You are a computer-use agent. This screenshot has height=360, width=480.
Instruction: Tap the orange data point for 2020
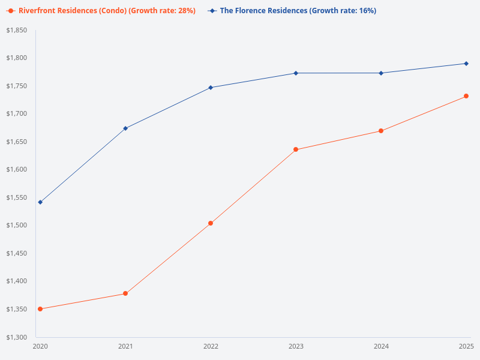(x=40, y=309)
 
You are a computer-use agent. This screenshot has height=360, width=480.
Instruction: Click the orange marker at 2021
(x=125, y=293)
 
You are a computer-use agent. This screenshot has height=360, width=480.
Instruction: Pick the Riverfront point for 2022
(x=211, y=223)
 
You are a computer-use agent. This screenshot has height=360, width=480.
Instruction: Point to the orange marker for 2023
(x=296, y=149)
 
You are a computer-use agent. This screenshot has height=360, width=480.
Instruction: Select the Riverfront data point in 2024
(x=381, y=131)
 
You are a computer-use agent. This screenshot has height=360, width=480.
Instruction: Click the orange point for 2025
(x=466, y=96)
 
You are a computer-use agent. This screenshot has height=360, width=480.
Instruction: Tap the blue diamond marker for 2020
(x=40, y=202)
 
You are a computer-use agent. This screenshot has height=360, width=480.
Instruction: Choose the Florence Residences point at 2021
(x=125, y=128)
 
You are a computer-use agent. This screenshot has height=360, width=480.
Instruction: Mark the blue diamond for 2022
(x=211, y=88)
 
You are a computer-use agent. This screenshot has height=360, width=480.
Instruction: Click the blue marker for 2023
(x=296, y=73)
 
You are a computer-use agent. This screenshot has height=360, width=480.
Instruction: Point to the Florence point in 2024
(x=381, y=73)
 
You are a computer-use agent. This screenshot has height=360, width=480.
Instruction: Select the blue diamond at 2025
(x=466, y=64)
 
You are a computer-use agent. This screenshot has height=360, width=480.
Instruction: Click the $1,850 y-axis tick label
(x=17, y=30)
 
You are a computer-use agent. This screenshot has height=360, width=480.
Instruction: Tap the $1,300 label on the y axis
(x=17, y=337)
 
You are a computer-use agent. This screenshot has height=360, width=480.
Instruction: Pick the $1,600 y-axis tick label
(x=17, y=170)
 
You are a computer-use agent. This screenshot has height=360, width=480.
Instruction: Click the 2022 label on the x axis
(x=211, y=347)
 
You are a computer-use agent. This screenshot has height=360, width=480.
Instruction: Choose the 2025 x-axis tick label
(x=466, y=347)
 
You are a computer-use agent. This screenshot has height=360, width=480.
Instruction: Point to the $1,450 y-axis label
(x=17, y=253)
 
